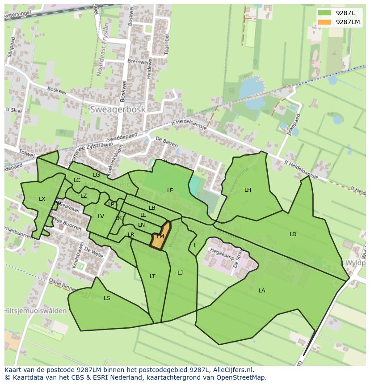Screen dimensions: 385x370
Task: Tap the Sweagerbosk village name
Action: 118,109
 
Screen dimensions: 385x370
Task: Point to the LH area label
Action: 248,190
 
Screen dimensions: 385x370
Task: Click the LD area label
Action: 293,234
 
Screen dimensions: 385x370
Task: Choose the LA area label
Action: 262,291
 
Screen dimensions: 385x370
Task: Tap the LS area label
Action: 107,298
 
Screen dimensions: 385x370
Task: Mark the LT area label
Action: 152,276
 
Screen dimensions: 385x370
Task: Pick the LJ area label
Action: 180,273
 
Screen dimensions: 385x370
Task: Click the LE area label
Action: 170,190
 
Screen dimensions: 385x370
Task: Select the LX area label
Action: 42,199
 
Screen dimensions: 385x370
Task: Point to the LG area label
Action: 96,175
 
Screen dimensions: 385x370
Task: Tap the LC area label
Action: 77,180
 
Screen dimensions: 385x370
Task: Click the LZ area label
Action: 84,196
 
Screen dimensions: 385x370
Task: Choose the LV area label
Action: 101,216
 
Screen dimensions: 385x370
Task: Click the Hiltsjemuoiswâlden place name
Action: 36,311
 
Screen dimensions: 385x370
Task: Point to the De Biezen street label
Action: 167,142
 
